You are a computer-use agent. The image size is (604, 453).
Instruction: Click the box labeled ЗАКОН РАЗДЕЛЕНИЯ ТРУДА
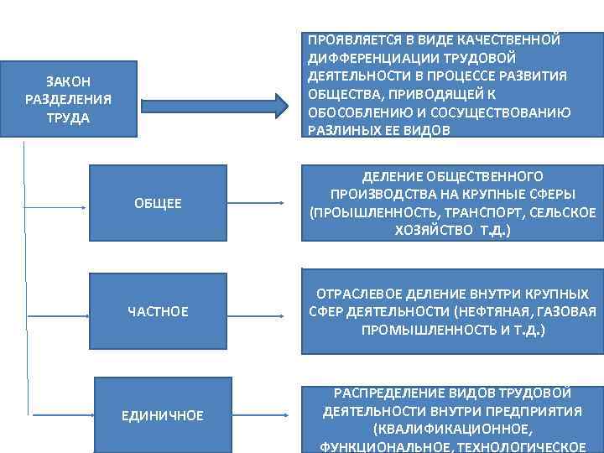(69, 99)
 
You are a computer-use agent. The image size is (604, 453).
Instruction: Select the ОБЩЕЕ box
(158, 204)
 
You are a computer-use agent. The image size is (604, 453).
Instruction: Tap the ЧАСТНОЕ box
(158, 312)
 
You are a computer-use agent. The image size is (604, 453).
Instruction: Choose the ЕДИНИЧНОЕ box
(158, 415)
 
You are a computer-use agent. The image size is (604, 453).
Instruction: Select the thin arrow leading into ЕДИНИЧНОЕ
(60, 414)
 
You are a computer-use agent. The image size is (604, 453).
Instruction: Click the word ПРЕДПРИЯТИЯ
(531, 410)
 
